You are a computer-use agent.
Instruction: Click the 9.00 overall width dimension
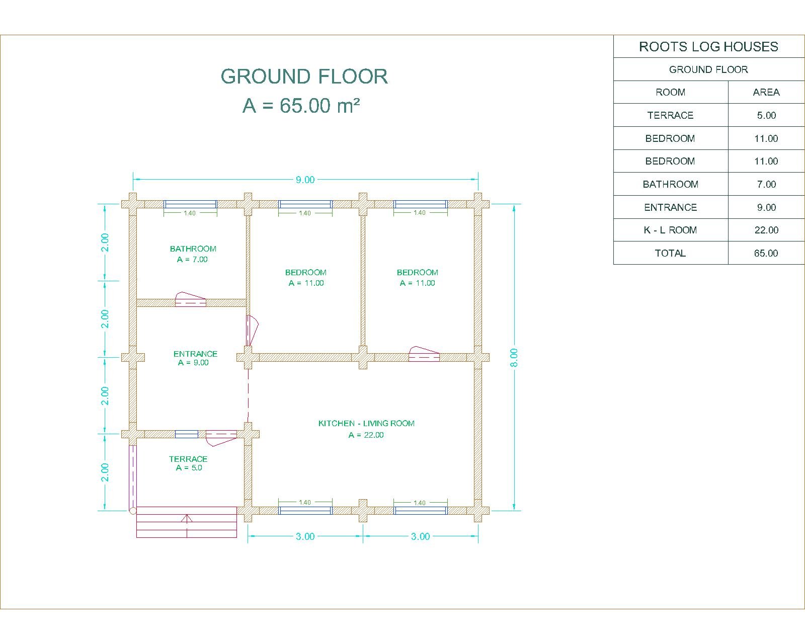[305, 180]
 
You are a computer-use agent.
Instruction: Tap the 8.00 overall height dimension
[514, 358]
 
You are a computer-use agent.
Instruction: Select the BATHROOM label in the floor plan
[193, 249]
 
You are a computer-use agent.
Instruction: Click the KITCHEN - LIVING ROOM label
[366, 423]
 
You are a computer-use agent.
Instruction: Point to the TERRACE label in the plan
[188, 459]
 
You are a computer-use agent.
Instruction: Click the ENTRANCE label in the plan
[195, 354]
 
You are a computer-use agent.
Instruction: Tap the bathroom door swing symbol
[190, 299]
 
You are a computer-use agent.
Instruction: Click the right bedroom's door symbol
[424, 354]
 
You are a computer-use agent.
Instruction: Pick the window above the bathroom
[190, 204]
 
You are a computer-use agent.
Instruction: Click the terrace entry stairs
[186, 522]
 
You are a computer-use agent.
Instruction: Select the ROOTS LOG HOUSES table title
[708, 46]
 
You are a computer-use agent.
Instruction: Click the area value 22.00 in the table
[766, 230]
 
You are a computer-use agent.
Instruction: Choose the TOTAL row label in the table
[670, 253]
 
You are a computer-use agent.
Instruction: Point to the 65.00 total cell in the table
[766, 253]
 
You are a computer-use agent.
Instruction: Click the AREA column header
[766, 92]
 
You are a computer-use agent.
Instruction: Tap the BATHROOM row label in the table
[670, 184]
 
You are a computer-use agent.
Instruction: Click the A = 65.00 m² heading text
[301, 106]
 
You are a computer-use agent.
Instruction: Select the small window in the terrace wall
[187, 434]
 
